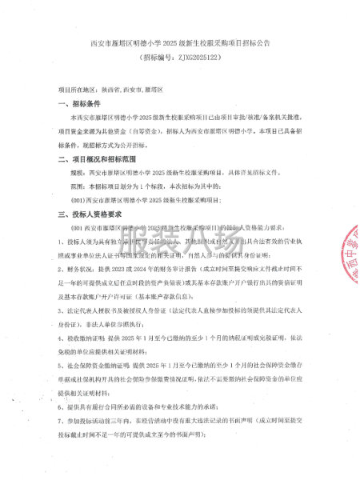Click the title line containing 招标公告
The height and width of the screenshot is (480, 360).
179,42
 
